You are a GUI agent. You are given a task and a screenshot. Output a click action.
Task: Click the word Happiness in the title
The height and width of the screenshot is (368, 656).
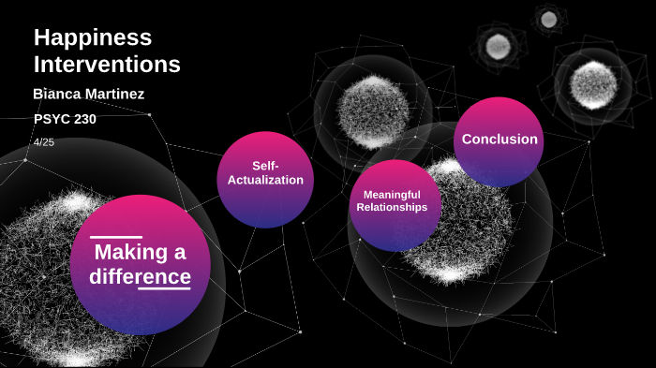point(93,38)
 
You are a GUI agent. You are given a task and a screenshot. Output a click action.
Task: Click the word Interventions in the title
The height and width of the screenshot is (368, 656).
point(107,65)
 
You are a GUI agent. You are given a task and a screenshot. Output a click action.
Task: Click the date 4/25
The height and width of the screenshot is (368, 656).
point(44,142)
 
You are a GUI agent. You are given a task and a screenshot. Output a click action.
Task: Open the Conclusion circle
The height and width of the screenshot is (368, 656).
point(499,140)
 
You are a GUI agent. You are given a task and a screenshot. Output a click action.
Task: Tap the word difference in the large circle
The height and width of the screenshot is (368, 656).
point(141,277)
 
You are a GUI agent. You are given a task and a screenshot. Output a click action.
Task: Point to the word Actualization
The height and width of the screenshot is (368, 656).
point(266,180)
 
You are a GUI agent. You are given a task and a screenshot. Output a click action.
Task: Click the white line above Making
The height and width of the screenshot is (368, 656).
point(116,237)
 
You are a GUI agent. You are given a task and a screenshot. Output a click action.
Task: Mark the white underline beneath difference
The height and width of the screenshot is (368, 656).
point(164,288)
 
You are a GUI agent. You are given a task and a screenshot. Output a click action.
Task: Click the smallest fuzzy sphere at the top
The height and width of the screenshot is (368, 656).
point(548,19)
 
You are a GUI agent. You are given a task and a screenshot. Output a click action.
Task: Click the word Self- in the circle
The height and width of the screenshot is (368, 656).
point(266,166)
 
